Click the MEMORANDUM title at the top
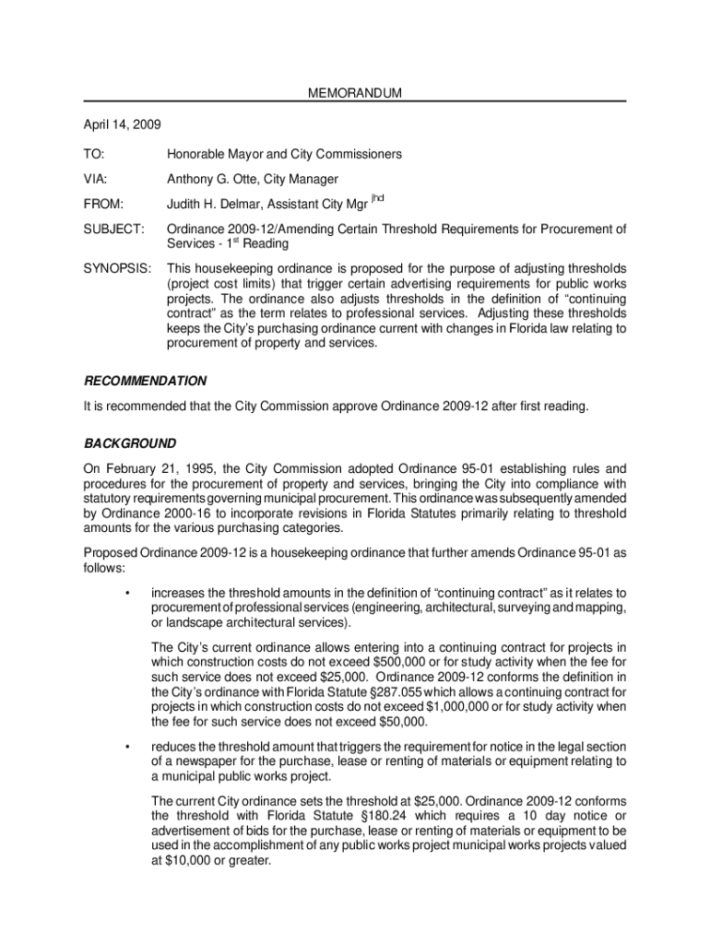[x=355, y=93]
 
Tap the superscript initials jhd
[x=376, y=198]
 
